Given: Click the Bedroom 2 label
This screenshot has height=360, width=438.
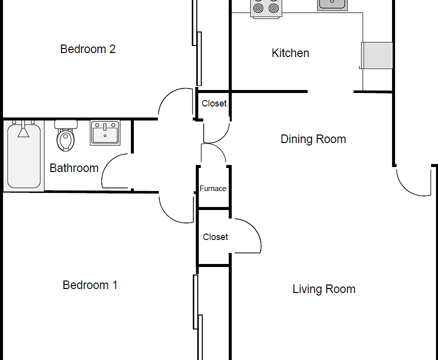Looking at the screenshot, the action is pos(88,49).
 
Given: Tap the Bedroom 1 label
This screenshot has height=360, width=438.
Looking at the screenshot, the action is pos(90,285).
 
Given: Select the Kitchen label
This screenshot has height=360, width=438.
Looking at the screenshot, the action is pos(290,53).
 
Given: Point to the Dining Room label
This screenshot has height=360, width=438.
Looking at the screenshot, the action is pos(313,139).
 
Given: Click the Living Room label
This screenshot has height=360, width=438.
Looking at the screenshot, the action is pos(324,289).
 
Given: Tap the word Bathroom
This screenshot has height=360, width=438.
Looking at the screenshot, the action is pos(74,168).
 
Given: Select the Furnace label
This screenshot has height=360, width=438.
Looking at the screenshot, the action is pos(213,188).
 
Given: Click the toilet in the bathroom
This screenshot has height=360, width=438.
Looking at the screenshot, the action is pos(65,135).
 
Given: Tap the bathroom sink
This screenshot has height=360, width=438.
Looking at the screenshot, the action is pos(105,132).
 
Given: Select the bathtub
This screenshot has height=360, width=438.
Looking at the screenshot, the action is pos(24,156).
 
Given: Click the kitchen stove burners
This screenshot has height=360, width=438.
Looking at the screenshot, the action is pos(266,9).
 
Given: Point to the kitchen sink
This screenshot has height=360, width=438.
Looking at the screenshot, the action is pos(332,5).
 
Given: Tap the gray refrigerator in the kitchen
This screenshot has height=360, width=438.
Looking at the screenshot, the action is pos(377,55).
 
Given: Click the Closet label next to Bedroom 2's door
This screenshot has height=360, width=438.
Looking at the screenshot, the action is pos(214,103).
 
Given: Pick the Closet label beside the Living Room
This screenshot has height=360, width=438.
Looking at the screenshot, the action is pos(215,237).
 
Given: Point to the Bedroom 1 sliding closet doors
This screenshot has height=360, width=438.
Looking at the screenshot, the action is pos(197,317).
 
